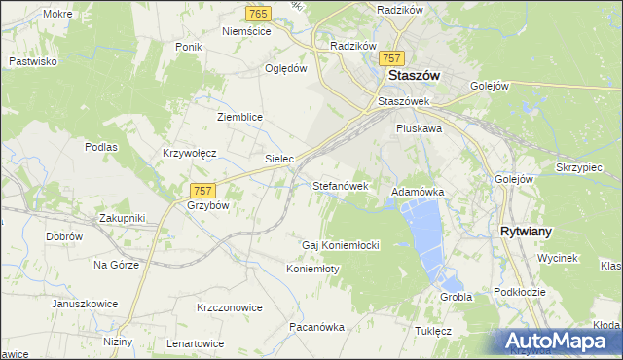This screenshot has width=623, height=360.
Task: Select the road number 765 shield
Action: click(x=258, y=13)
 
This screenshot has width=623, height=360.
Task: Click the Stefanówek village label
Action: click(x=340, y=184)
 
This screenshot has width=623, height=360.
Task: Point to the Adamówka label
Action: click(x=418, y=193)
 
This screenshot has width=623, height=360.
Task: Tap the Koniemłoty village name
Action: click(x=312, y=269)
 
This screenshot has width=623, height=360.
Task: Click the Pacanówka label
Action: click(x=317, y=328)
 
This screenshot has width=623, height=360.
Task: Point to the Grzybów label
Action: click(x=206, y=206)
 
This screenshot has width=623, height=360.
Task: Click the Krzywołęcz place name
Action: click(x=189, y=153)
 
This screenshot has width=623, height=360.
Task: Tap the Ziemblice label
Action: click(x=239, y=117)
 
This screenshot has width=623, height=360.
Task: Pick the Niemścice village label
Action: click(x=246, y=31)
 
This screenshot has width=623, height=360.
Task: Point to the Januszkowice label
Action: click(x=85, y=304)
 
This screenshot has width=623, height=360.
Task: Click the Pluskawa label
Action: click(x=420, y=127)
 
